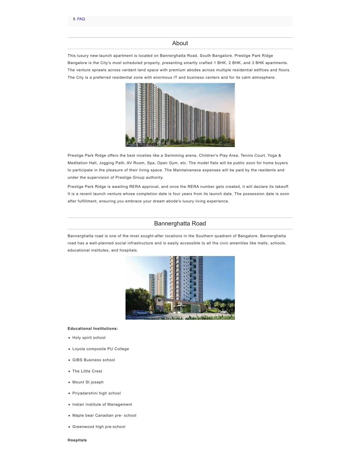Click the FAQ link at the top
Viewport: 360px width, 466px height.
pyautogui.click(x=81, y=19)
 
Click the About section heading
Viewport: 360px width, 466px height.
pyautogui.click(x=180, y=43)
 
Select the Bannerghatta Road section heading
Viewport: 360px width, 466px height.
pyautogui.click(x=180, y=224)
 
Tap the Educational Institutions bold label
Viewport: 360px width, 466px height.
pyautogui.click(x=93, y=328)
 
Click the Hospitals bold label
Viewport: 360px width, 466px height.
pyautogui.click(x=77, y=440)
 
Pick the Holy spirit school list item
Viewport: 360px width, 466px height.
pyautogui.click(x=89, y=338)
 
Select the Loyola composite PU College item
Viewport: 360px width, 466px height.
pyautogui.click(x=101, y=349)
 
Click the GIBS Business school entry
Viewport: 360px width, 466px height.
pyautogui.click(x=94, y=360)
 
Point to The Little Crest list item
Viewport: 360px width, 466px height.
pyautogui.click(x=87, y=371)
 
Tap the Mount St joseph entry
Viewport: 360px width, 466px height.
pyautogui.click(x=88, y=382)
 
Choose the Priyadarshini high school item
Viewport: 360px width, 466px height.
pyautogui.click(x=96, y=393)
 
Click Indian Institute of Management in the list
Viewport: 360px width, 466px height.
pyautogui.click(x=102, y=404)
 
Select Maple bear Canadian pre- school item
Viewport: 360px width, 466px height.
pyautogui.click(x=104, y=415)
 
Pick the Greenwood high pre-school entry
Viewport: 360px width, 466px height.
pyautogui.click(x=99, y=427)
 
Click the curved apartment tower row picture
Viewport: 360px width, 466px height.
pyautogui.click(x=180, y=115)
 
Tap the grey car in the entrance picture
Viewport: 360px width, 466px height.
pyautogui.click(x=141, y=313)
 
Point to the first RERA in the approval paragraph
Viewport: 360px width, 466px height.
pyautogui.click(x=135, y=187)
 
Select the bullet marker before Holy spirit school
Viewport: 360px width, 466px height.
pyautogui.click(x=69, y=338)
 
